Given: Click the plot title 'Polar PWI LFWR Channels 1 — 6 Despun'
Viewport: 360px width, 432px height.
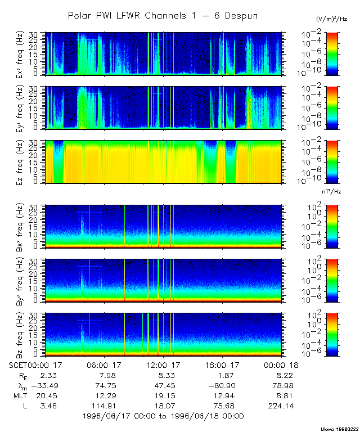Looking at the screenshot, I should click(x=163, y=16).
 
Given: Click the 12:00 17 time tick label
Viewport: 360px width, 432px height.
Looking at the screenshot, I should click(x=163, y=365).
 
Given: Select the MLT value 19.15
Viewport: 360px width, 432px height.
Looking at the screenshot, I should click(x=163, y=395).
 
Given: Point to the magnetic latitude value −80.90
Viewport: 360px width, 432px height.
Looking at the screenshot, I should click(x=220, y=385).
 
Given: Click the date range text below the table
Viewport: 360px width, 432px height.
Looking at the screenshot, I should click(x=163, y=416).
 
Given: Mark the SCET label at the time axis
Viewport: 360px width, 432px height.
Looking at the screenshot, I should click(x=19, y=365).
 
